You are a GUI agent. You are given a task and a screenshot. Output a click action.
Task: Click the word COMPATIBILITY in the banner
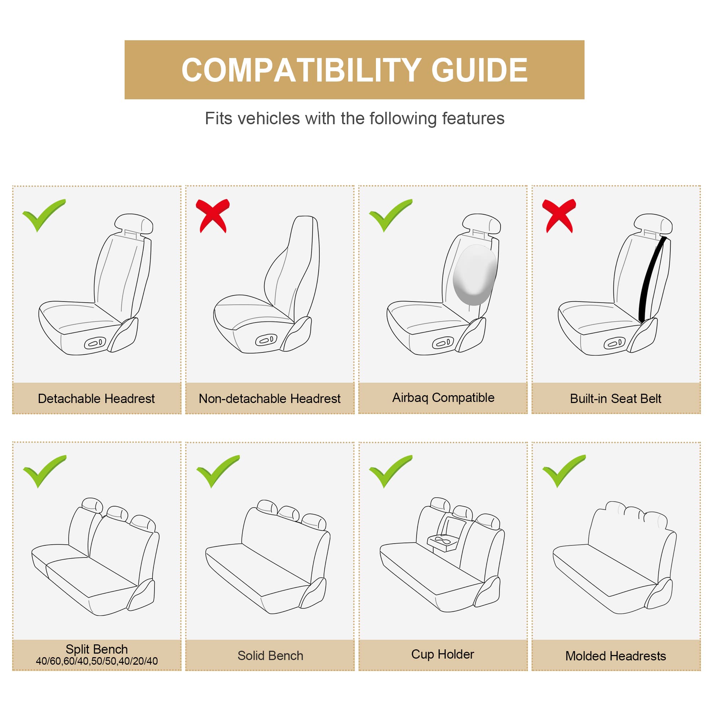click(301, 70)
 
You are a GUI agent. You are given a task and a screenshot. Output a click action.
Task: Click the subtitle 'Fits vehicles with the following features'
click(355, 119)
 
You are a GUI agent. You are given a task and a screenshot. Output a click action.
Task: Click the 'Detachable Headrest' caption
click(96, 399)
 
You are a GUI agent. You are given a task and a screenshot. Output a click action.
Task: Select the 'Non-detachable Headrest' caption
click(269, 399)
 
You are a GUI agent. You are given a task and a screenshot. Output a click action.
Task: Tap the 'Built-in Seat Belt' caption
click(616, 399)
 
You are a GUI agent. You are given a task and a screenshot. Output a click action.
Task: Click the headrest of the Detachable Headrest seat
click(133, 223)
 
